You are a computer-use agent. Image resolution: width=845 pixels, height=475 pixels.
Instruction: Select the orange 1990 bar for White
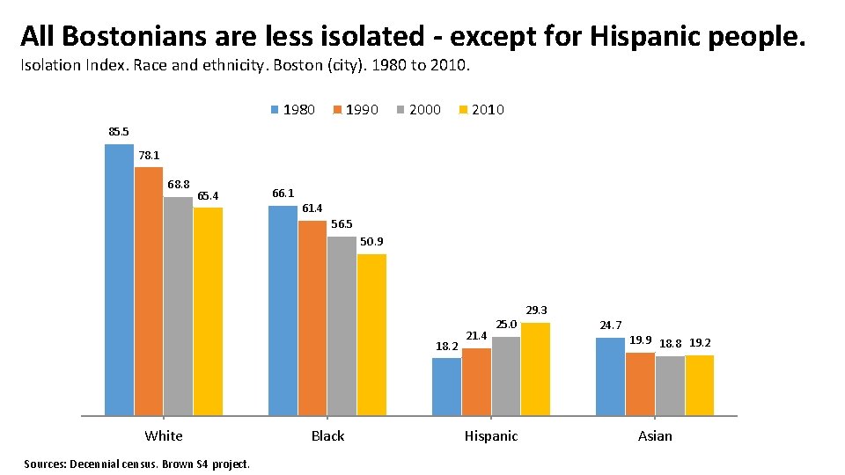click(x=149, y=291)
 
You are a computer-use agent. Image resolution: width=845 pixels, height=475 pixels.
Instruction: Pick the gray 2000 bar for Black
click(x=342, y=325)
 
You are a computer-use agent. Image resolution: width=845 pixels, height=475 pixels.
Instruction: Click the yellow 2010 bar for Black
click(x=371, y=334)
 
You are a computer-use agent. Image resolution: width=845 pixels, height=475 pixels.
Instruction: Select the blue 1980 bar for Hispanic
click(x=446, y=386)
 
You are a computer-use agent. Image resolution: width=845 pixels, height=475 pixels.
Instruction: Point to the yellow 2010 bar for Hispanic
click(x=535, y=369)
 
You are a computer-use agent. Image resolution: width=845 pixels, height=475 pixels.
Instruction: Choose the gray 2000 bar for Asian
click(x=670, y=385)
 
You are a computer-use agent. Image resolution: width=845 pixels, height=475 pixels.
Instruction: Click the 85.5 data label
click(x=119, y=132)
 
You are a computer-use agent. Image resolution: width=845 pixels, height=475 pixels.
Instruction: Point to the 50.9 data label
click(x=371, y=242)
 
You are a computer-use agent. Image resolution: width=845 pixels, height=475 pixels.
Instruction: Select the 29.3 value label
click(x=537, y=311)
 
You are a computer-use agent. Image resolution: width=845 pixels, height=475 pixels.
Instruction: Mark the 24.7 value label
click(x=611, y=325)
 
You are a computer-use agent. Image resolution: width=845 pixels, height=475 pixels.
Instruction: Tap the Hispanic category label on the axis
click(x=491, y=436)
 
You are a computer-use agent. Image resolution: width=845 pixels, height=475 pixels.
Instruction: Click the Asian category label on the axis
click(x=655, y=436)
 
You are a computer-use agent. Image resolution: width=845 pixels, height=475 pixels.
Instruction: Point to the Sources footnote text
click(x=136, y=464)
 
